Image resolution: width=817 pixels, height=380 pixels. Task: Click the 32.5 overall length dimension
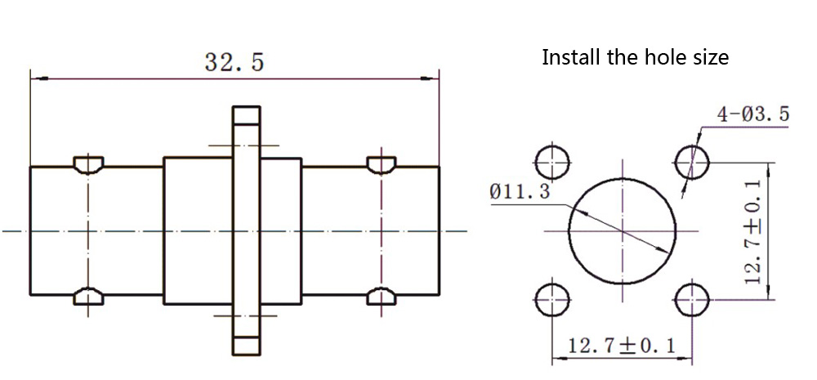[234, 62]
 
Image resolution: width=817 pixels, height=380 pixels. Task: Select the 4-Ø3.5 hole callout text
[753, 114]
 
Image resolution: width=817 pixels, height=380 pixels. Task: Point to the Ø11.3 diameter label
[520, 192]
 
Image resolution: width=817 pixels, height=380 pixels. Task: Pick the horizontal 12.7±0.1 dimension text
[623, 346]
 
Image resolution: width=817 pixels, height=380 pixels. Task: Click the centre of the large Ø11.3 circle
[623, 230]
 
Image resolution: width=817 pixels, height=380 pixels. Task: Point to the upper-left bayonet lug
[87, 164]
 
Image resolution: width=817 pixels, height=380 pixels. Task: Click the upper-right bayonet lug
[382, 164]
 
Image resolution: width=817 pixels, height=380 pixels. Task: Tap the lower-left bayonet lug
[87, 297]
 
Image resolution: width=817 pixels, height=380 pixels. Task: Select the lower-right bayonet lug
[382, 297]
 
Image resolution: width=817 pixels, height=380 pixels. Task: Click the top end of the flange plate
[246, 115]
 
